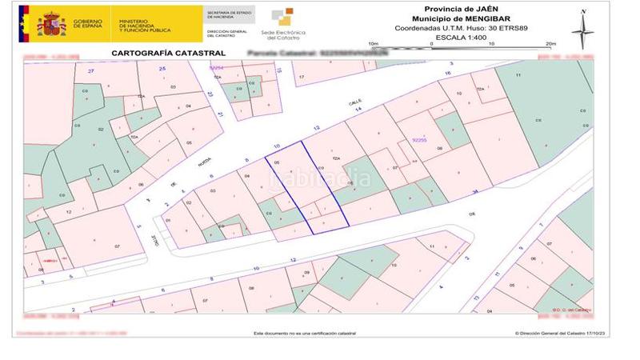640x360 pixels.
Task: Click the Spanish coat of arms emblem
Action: coord(52,24)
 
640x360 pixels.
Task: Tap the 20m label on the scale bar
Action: coord(550,44)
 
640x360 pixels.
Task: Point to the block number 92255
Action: coord(419,140)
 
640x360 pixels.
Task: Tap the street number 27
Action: coord(91,71)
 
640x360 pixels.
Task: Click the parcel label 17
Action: coord(302,77)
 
